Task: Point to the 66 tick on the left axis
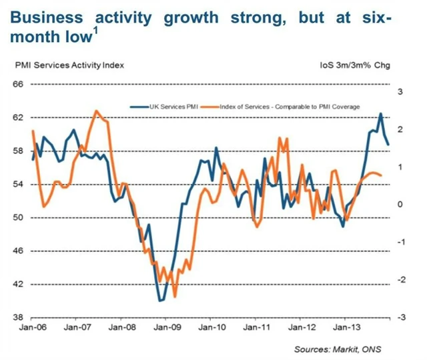click(18, 84)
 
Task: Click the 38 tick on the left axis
click(18, 317)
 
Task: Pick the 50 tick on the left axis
click(18, 217)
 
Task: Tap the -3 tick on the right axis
click(399, 317)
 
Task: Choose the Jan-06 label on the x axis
click(27, 328)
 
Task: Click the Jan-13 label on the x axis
click(344, 328)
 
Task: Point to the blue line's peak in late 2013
click(380, 114)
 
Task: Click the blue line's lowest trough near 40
click(160, 301)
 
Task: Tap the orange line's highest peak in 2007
click(96, 111)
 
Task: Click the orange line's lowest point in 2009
click(175, 297)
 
